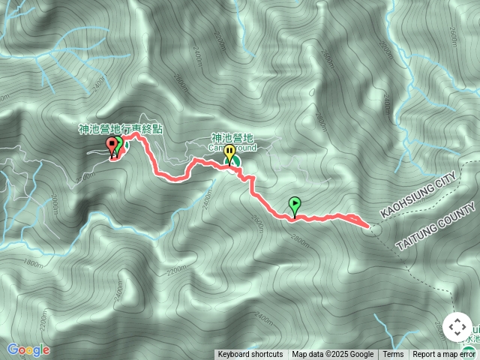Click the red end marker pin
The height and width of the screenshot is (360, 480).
point(112,145)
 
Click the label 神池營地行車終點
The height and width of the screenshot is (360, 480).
point(121,129)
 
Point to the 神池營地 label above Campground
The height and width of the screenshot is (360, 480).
point(233,138)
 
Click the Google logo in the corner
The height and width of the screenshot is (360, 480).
point(28,349)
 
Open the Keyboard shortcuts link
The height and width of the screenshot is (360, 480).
point(250,355)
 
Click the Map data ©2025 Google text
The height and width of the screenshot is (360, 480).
point(333,355)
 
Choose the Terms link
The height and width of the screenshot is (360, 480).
point(393,355)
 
